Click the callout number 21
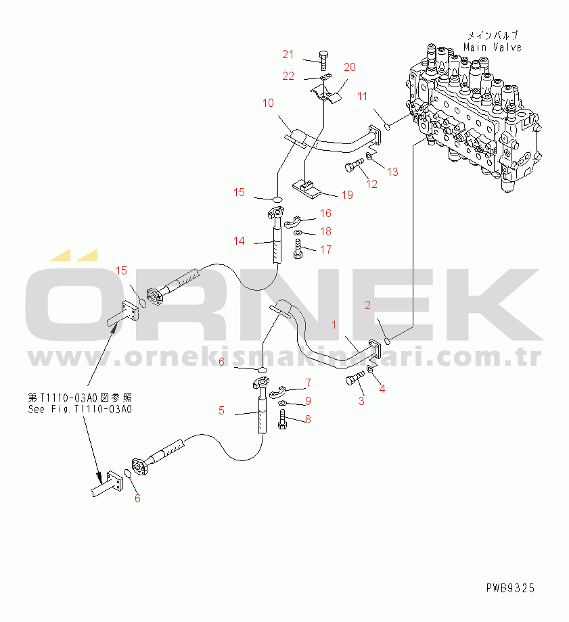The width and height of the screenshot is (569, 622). click(x=288, y=54)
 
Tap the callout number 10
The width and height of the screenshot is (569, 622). click(x=268, y=103)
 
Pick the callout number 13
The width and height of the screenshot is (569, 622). click(x=392, y=172)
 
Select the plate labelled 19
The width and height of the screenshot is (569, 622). click(x=308, y=187)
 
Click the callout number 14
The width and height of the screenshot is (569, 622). click(x=239, y=241)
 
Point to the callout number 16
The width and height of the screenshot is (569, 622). click(x=325, y=214)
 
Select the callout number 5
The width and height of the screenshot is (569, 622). click(x=221, y=410)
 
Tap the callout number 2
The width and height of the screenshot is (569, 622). click(x=368, y=305)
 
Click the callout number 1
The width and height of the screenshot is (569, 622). click(x=333, y=325)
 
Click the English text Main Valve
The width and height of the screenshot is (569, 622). click(x=493, y=47)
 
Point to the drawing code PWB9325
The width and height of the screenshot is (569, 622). click(x=509, y=588)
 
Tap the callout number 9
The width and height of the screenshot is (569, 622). click(x=308, y=401)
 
